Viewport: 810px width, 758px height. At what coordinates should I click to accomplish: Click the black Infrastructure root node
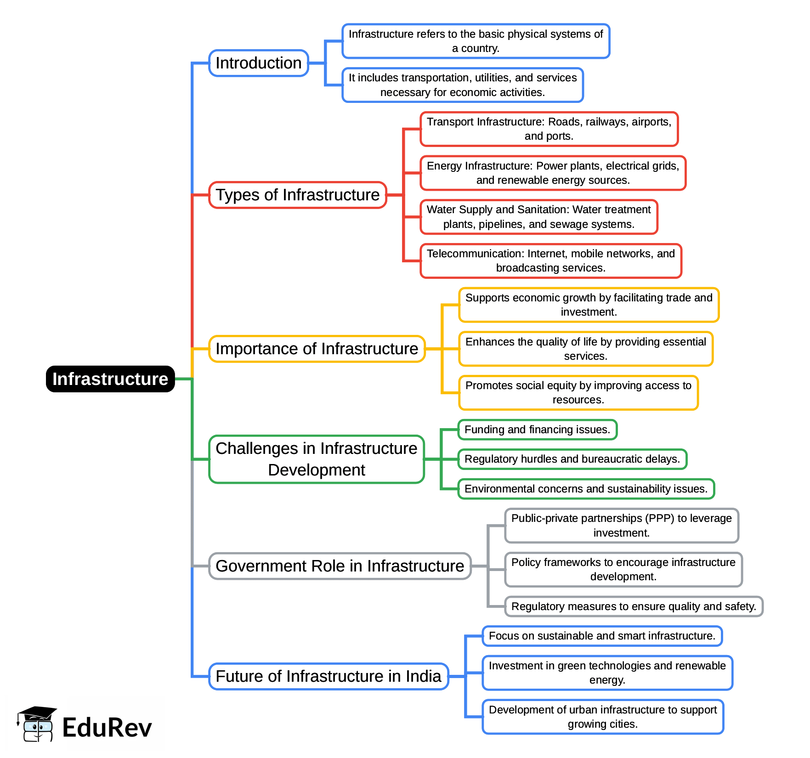coord(110,379)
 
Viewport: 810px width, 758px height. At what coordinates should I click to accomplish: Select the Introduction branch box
coord(259,63)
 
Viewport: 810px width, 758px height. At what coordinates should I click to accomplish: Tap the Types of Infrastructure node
coord(298,195)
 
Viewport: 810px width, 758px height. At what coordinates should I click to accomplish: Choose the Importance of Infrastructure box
coord(317,349)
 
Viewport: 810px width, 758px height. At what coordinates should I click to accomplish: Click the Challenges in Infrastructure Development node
coord(317,459)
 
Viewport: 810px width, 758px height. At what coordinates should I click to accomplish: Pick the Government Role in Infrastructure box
coord(340,566)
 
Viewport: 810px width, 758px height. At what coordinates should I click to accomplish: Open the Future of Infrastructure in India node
coord(329,676)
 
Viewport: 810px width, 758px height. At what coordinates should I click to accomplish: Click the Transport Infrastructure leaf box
coord(549,129)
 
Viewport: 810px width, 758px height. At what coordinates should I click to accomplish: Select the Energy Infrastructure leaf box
coord(553,173)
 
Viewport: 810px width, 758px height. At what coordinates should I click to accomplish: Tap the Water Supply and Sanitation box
coord(539,217)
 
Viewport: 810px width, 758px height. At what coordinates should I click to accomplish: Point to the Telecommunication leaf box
coord(551,260)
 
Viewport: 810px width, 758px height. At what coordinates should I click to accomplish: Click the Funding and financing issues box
coord(538,430)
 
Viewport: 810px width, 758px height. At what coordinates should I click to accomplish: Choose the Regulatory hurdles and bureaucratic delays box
coord(572,459)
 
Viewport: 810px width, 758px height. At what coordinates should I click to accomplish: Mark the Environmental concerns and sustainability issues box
coord(586,489)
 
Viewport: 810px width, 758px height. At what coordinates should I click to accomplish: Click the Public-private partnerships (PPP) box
coord(622,526)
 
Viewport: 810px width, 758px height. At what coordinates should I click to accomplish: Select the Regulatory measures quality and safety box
coord(634,606)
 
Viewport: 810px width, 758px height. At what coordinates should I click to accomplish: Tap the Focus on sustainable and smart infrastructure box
coord(602,636)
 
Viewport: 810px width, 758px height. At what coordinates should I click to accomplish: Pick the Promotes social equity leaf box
coord(578,393)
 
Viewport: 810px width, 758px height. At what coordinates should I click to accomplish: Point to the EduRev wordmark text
coord(107,728)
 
